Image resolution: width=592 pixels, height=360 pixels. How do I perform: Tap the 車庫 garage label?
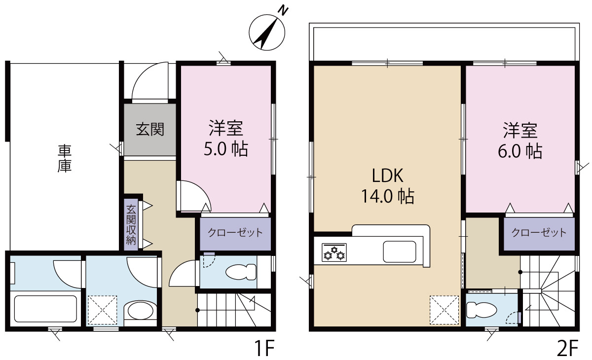65,158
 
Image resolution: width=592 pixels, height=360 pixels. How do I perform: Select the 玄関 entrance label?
150,129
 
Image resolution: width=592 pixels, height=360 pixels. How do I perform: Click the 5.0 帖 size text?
226,149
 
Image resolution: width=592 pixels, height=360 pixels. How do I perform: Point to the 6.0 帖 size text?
520,151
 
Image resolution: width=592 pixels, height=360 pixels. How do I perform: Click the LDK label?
388,176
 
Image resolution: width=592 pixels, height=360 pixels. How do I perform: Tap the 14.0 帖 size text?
388,196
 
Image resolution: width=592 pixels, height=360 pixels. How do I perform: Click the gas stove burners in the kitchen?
334,252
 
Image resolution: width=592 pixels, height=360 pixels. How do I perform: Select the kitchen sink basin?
399,252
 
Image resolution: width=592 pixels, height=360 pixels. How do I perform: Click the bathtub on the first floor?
45,309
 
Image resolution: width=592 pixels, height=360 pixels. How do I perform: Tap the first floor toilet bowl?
241,272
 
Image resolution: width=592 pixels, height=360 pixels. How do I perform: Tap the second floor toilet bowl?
481,310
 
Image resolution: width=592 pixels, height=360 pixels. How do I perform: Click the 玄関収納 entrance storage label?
131,225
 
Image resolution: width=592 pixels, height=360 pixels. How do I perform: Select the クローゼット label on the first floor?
235,233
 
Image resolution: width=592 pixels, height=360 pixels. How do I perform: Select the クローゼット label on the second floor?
539,233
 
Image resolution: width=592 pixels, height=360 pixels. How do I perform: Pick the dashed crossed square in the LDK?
444,310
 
